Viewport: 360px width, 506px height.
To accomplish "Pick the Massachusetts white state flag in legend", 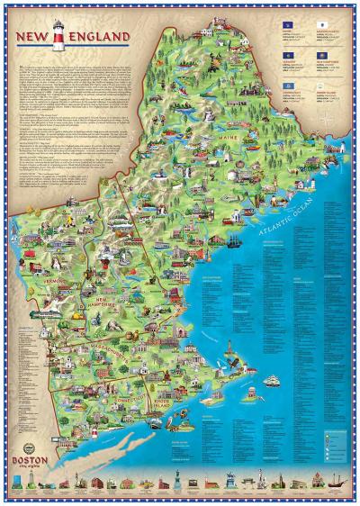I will [x=321, y=29].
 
